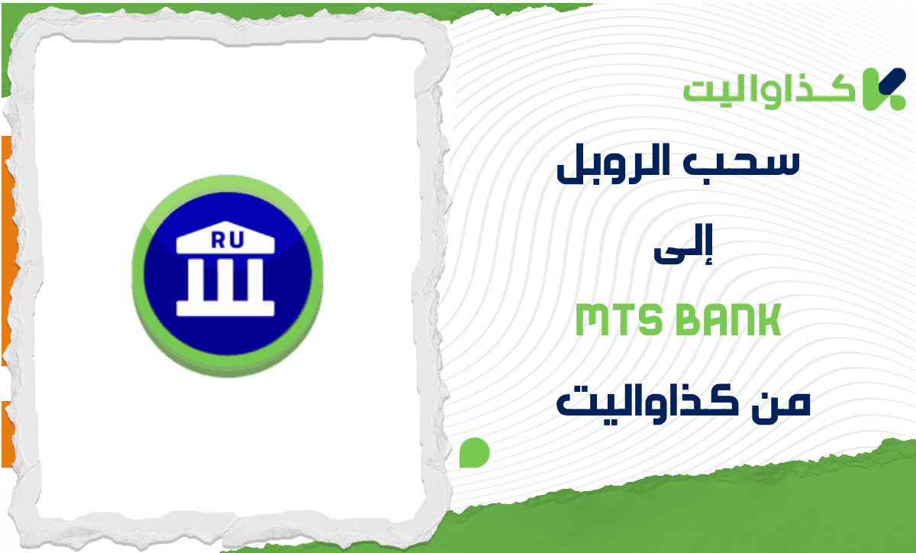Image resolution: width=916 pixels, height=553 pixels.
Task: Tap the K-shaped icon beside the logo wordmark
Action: pyautogui.click(x=883, y=88)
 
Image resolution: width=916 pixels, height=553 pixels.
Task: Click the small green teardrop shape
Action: pyautogui.click(x=474, y=452)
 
